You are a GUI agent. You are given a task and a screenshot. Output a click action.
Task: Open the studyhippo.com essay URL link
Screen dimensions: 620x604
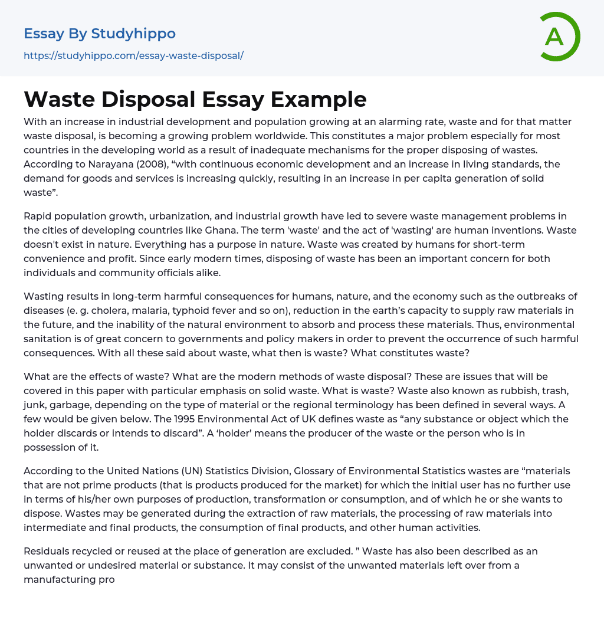coord(133,56)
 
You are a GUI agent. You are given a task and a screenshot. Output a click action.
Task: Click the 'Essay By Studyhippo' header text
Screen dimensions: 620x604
coord(100,34)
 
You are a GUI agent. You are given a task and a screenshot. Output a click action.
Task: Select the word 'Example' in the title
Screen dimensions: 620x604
coord(319,99)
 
